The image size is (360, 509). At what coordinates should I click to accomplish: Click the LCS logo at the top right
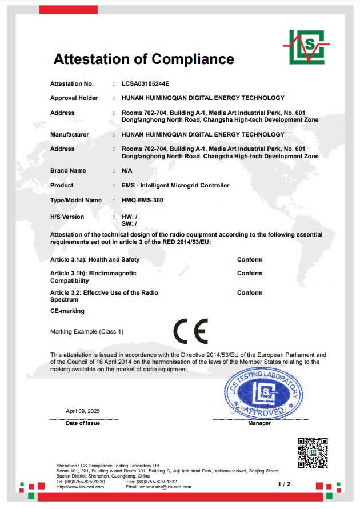pos(306,46)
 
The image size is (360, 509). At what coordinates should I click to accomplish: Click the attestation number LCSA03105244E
pos(146,83)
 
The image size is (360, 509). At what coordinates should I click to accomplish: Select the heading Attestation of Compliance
pos(143,59)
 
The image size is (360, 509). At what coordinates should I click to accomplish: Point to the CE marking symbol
pos(191,331)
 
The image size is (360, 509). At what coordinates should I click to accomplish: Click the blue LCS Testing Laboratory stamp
pos(262,392)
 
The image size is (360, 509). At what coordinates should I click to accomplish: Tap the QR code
pos(313,453)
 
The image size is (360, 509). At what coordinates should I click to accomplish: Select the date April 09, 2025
pos(83,411)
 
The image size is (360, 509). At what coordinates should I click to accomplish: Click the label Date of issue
pos(83,423)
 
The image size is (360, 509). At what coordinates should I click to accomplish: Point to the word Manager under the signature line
pos(259,423)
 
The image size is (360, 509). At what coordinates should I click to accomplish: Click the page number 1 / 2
pos(284,484)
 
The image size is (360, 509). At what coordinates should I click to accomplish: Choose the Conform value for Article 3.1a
pos(250,259)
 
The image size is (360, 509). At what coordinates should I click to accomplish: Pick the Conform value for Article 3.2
pos(250,292)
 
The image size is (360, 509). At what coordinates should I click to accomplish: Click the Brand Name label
pos(68,170)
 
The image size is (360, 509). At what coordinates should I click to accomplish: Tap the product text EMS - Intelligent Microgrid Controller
pos(175,185)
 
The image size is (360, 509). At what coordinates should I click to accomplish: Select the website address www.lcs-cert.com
pos(79,487)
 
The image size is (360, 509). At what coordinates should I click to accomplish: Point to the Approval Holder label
pos(74,98)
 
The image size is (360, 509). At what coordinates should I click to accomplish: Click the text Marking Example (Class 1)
pos(87,331)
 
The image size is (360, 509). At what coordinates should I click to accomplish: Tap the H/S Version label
pos(67,217)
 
